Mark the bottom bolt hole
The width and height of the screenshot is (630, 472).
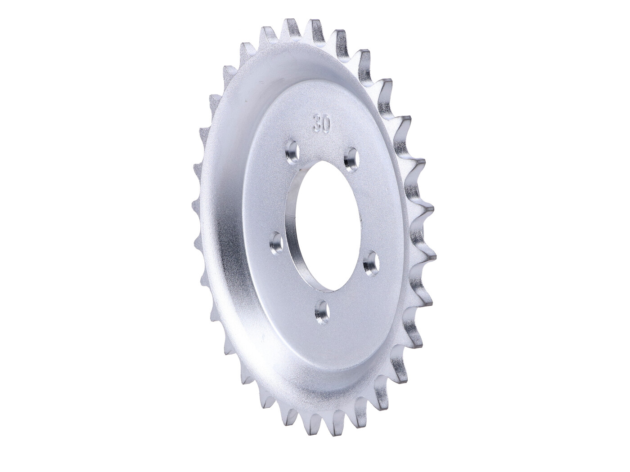[x=321, y=310]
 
